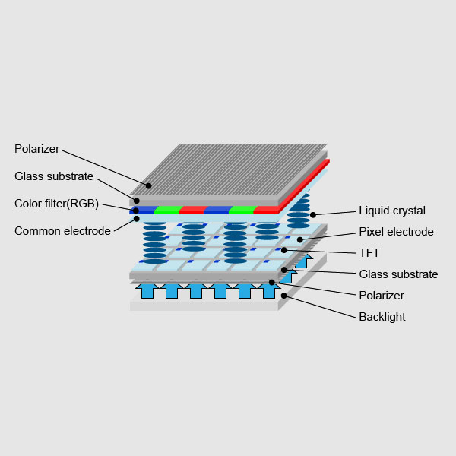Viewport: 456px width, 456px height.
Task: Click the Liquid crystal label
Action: tap(392, 211)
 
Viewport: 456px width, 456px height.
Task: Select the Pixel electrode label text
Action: tap(396, 232)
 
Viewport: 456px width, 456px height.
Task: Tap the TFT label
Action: tap(369, 253)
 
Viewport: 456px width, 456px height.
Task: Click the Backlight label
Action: tap(382, 317)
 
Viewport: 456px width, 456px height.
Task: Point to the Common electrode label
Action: tap(62, 231)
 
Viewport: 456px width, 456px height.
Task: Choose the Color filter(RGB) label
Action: tap(57, 204)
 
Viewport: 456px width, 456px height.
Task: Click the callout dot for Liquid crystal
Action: tap(313, 215)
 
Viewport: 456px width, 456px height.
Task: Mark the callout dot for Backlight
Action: tap(284, 296)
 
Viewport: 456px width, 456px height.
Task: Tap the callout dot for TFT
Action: tap(284, 250)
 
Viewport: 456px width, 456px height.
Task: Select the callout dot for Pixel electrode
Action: tap(300, 240)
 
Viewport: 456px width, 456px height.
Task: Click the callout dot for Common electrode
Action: tap(136, 219)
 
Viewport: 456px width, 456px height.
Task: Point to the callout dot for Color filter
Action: tap(136, 211)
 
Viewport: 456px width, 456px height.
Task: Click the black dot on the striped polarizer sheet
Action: tap(149, 185)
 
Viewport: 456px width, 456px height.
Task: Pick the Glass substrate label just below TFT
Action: tap(398, 274)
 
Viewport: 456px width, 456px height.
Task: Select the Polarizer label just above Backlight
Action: tap(382, 296)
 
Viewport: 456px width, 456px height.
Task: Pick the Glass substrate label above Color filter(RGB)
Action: tap(54, 176)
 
